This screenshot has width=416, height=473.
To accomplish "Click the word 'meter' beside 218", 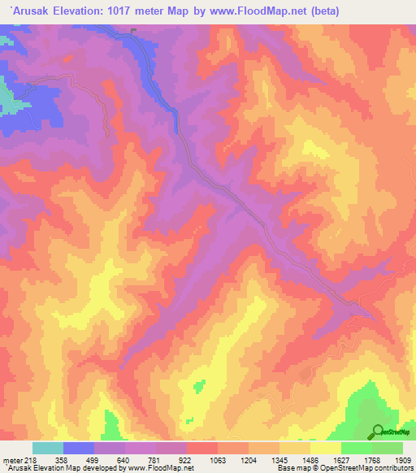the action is (11, 459).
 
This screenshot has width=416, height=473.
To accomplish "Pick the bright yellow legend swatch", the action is (325, 448).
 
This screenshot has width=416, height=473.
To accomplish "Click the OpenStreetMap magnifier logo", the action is (377, 431).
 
